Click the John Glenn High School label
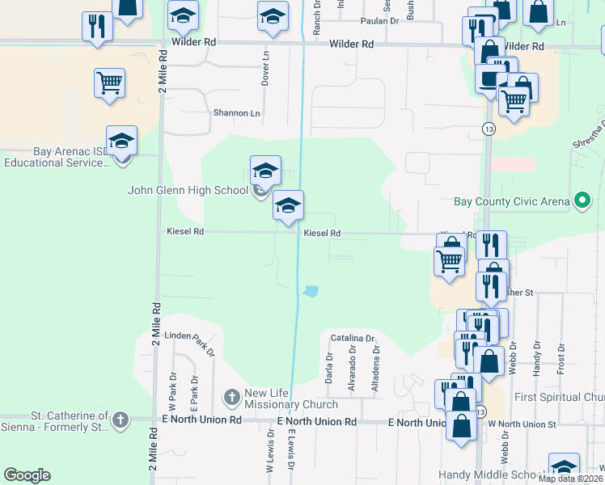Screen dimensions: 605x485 point(188,191)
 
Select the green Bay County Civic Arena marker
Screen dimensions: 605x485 point(582,200)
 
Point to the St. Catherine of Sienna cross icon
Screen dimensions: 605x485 point(121,420)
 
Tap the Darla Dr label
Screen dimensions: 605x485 point(329,368)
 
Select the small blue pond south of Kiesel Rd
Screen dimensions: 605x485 point(311,291)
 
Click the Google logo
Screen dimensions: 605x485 point(27,475)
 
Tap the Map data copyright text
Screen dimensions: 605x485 point(571,479)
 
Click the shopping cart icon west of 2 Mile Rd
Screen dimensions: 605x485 point(109,82)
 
